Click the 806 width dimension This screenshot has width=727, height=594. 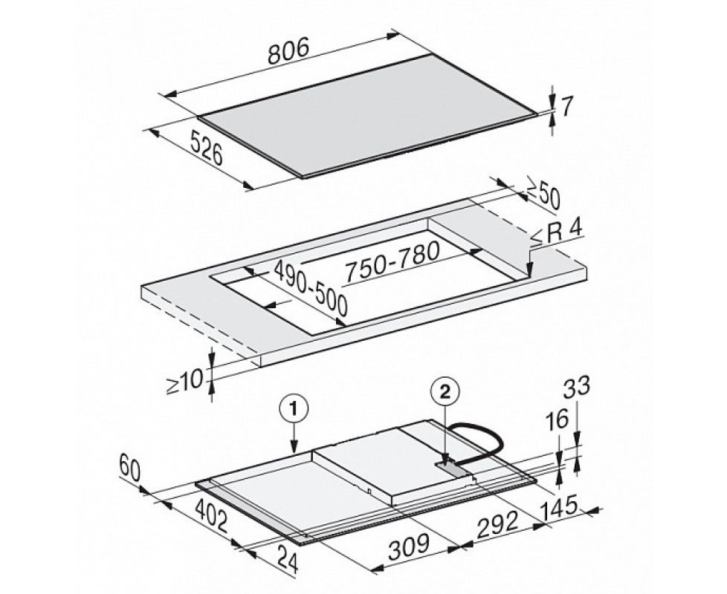click(288, 51)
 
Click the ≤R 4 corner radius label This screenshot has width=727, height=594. click(555, 235)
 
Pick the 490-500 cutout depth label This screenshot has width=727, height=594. click(310, 288)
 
